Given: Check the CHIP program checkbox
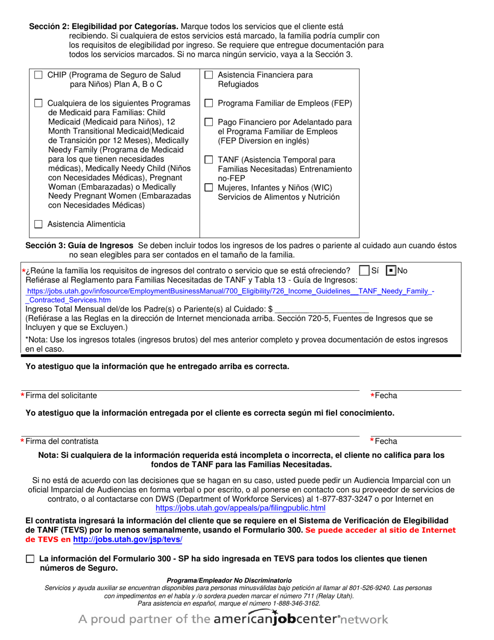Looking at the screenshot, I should pyautogui.click(x=38, y=75).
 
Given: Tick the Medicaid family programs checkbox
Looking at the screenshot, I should pyautogui.click(x=38, y=103).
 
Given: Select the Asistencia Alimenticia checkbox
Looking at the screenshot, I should pyautogui.click(x=38, y=224).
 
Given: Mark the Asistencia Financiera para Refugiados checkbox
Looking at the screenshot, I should pyautogui.click(x=209, y=75).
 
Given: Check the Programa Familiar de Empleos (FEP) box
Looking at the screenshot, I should pyautogui.click(x=209, y=103).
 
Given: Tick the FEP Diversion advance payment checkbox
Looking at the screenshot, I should pyautogui.click(x=209, y=122).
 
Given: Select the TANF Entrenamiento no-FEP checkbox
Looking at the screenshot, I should pyautogui.click(x=209, y=160).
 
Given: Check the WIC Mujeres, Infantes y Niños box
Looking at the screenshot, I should pyautogui.click(x=209, y=188).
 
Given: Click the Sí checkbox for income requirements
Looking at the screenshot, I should pyautogui.click(x=365, y=271).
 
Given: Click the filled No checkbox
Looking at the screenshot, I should pyautogui.click(x=391, y=271).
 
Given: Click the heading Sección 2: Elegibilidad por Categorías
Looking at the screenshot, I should pyautogui.click(x=103, y=27).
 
